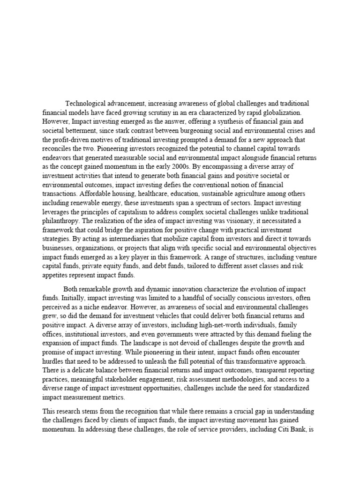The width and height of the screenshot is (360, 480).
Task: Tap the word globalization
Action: [x=298, y=112]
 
